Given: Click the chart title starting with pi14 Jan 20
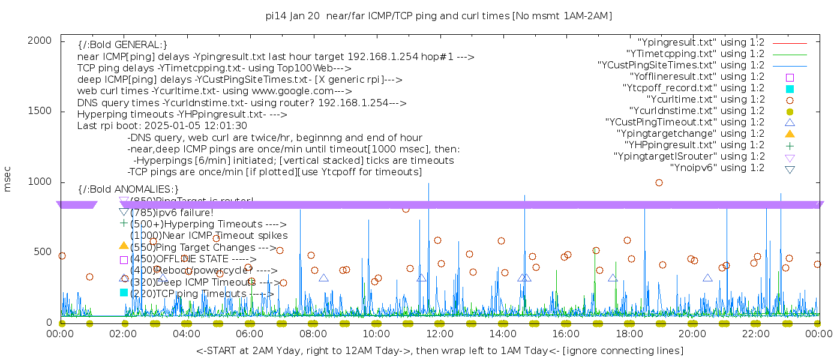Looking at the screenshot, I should click(439, 16).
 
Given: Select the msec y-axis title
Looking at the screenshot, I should click(8, 178).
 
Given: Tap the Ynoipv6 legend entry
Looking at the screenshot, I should click(717, 168).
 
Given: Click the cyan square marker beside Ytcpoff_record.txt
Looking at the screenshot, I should click(790, 89).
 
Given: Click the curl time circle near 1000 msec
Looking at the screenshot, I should click(659, 183).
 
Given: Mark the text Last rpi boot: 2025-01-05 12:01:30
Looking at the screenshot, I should click(162, 126).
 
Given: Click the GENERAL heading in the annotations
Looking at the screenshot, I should click(122, 45).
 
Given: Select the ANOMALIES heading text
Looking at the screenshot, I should click(128, 190).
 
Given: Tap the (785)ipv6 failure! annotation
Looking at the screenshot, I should click(172, 212).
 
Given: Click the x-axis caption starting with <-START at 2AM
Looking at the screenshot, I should click(439, 350).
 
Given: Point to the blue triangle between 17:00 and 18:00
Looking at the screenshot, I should click(613, 278).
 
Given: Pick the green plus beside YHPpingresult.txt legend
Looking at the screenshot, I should click(790, 145).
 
